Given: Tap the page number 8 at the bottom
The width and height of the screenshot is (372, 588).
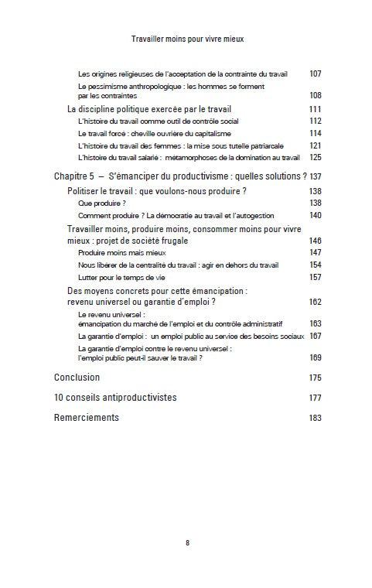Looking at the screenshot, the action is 186,542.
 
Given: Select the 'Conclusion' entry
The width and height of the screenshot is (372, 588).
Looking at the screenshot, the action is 77,378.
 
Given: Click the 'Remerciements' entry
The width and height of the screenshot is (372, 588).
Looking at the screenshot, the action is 87,417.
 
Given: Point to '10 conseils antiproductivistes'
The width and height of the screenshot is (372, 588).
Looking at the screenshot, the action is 115,398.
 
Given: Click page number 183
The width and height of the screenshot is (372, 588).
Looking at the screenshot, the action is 315,417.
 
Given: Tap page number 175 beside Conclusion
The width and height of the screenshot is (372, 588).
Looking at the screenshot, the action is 315,378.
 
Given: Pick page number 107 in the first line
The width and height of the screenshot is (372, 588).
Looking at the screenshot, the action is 315,74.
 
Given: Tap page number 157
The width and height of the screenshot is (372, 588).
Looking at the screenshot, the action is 315,277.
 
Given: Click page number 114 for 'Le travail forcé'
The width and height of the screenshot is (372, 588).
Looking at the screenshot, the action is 315,133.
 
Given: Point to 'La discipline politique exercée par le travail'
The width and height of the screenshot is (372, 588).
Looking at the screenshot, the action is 149,109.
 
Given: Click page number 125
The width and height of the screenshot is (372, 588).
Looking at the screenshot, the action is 315,157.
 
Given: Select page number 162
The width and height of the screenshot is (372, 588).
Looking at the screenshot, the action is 315,302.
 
